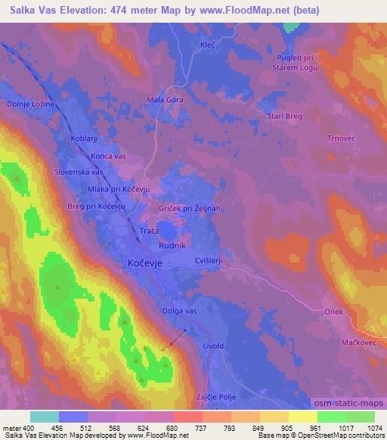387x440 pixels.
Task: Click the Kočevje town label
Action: point(141,263)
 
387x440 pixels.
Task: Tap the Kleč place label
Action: point(207,46)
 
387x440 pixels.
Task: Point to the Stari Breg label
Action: point(284,116)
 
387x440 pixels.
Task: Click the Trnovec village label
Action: point(326,138)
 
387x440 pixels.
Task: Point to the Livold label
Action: point(213,345)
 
